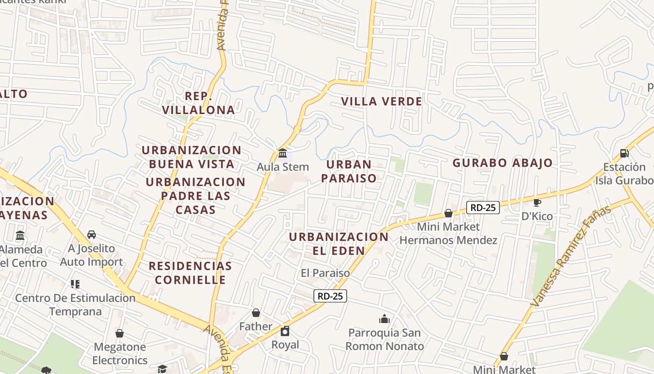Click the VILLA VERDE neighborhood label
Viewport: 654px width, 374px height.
[381, 101]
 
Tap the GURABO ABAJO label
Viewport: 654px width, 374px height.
[502, 163]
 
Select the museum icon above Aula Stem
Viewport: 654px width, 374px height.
[283, 153]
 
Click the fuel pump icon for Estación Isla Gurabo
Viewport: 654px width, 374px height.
[624, 153]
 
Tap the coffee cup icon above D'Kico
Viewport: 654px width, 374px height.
[537, 202]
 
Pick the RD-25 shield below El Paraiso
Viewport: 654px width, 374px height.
[330, 295]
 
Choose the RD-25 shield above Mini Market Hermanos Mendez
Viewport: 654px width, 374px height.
[483, 207]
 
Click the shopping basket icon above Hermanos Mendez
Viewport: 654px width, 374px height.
[448, 213]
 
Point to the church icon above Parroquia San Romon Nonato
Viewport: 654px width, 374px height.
[384, 319]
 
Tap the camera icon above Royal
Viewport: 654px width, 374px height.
[285, 331]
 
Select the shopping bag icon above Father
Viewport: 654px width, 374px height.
[256, 312]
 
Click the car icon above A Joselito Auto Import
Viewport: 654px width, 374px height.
[92, 234]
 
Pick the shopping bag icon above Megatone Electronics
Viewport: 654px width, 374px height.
[120, 333]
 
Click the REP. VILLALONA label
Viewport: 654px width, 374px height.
[199, 103]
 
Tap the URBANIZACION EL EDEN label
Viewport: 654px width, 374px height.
[339, 244]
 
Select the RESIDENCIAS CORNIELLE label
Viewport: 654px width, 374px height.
[190, 273]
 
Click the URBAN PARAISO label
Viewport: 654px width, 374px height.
[349, 171]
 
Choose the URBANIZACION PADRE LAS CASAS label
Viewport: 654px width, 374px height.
[195, 195]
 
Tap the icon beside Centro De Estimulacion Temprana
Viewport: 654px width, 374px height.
[75, 284]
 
